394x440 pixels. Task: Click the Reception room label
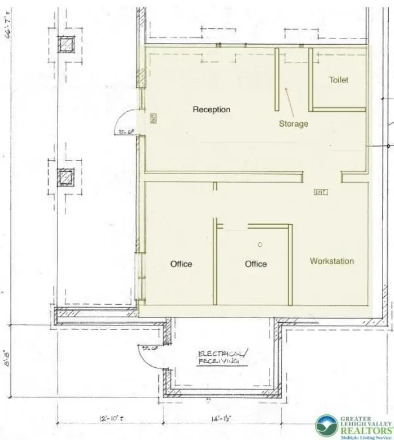(211, 109)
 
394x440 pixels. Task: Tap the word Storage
(293, 124)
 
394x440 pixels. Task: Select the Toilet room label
(338, 80)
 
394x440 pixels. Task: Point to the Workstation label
(331, 261)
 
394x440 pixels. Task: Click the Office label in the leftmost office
(181, 264)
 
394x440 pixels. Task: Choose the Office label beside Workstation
(256, 264)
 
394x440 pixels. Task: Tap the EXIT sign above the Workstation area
(320, 192)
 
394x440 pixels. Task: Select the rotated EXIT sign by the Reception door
(153, 119)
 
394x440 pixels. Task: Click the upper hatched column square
(67, 44)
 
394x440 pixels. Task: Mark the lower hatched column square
(67, 178)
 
